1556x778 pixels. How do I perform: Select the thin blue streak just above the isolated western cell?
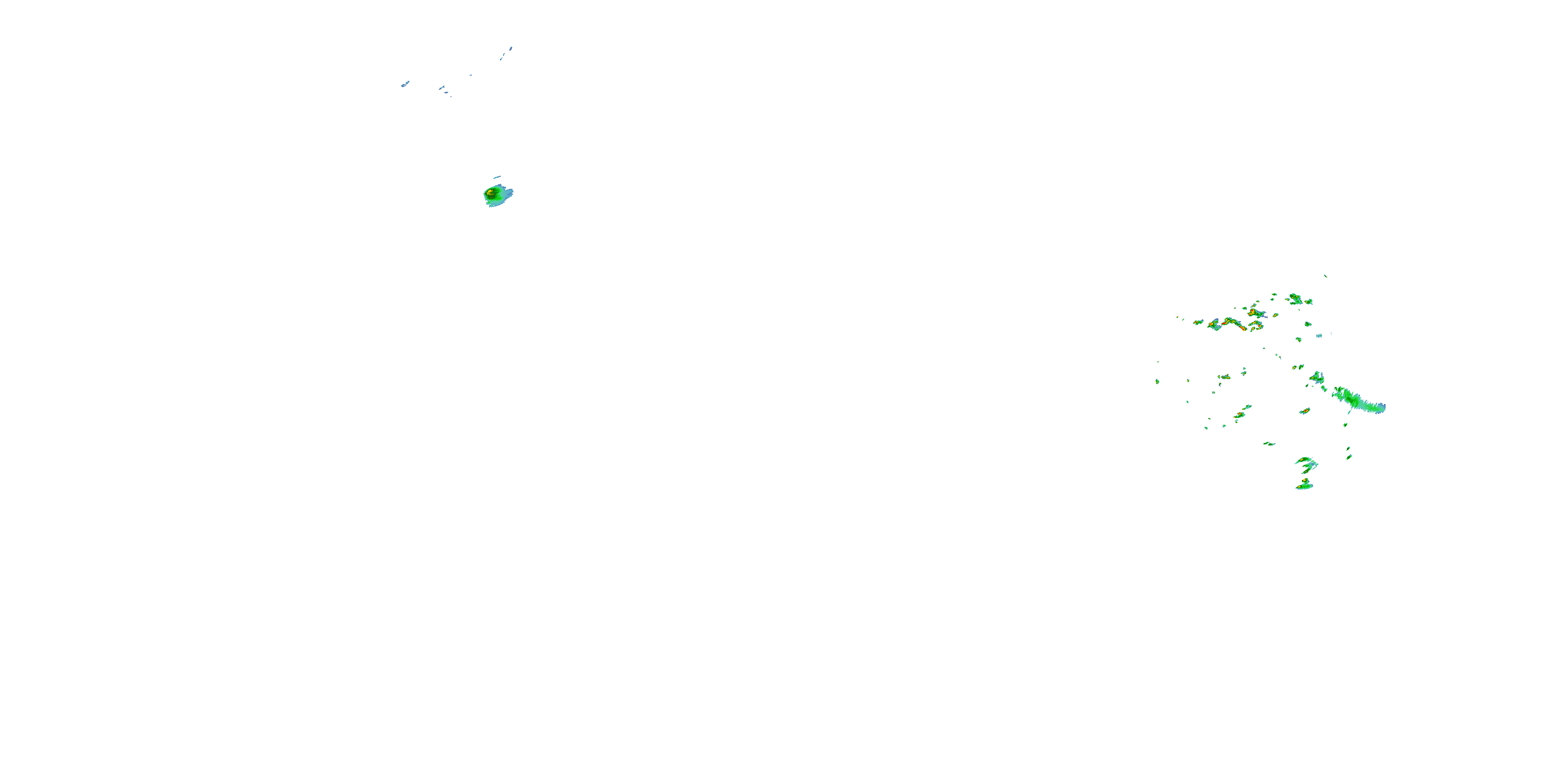497,177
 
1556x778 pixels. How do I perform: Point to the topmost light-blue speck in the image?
511,48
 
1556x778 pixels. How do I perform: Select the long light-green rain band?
1359,400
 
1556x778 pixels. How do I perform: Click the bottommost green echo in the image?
1304,485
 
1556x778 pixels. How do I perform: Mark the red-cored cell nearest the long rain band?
1305,411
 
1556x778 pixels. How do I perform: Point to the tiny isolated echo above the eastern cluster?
1325,276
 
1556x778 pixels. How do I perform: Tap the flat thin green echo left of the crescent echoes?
1269,444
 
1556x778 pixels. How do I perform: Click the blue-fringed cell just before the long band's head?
1317,379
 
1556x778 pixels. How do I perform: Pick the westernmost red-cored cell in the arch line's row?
1198,322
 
